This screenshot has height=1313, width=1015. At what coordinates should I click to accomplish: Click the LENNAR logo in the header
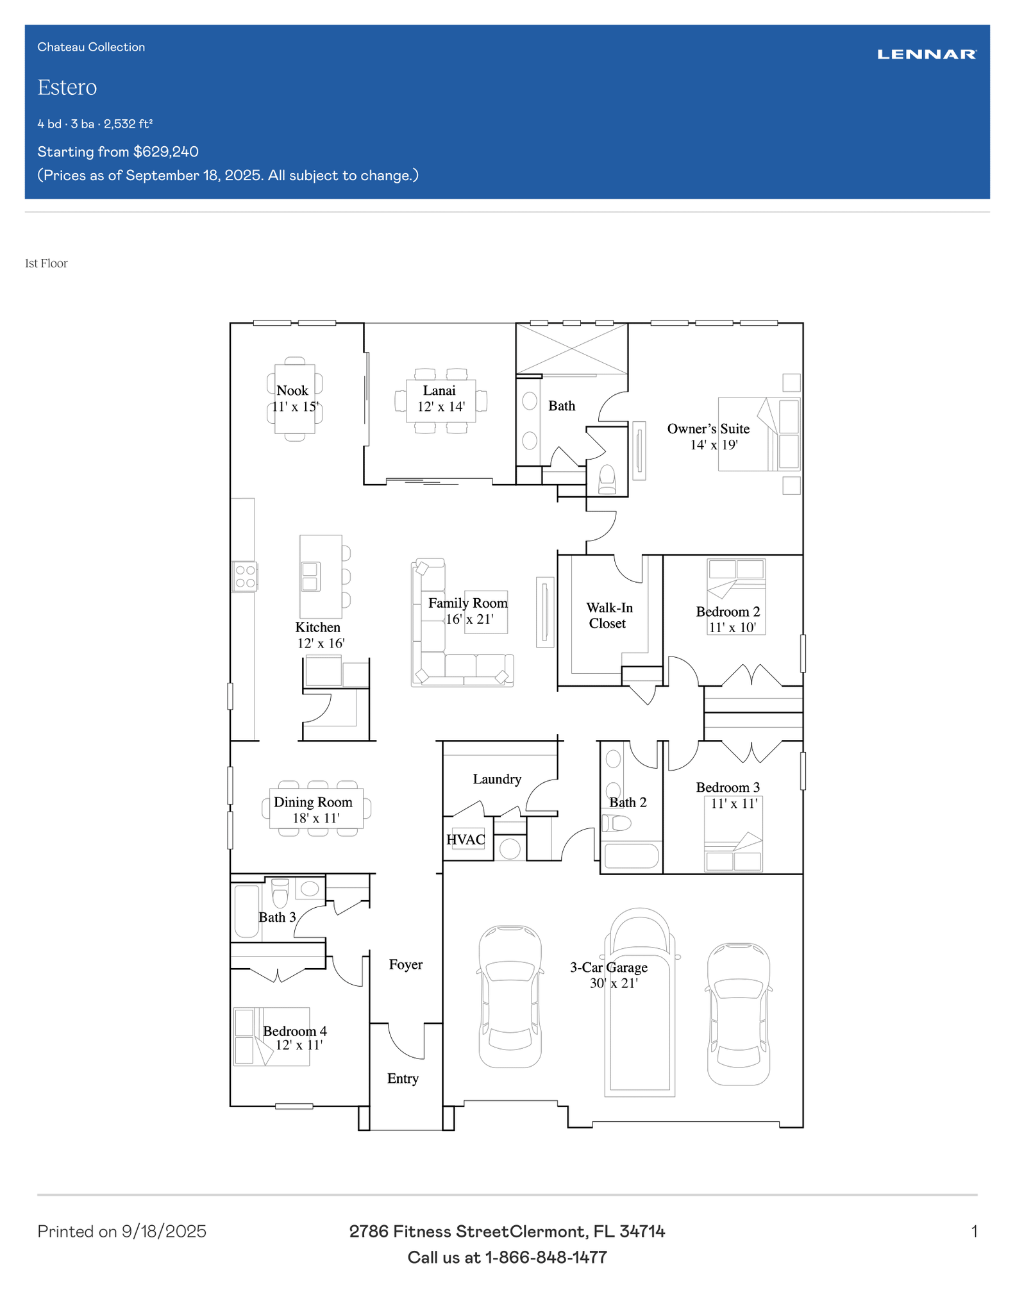927,54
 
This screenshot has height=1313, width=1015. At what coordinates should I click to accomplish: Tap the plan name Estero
67,87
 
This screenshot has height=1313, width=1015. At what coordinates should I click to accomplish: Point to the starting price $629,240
166,152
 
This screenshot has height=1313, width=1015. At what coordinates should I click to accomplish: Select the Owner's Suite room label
709,429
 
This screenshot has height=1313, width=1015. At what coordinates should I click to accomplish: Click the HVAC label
466,840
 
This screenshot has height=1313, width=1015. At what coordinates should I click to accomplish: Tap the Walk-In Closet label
609,615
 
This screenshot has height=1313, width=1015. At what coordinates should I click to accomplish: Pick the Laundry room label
497,779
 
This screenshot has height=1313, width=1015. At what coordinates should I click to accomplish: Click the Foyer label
406,964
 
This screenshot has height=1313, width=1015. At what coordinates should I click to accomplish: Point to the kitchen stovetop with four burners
245,576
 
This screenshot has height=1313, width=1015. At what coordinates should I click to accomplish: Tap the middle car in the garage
640,1002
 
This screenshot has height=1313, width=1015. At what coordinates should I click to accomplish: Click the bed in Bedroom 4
272,1037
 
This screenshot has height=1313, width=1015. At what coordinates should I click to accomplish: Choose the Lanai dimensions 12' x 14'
441,406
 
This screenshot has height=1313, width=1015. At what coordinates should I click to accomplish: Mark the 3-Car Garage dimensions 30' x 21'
614,983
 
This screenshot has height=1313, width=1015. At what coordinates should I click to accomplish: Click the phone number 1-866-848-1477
546,1257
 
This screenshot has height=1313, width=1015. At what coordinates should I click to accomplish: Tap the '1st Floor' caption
46,263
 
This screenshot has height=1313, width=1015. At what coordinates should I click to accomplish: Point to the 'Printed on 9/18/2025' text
122,1232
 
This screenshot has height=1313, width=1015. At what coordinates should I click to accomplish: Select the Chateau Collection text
91,47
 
